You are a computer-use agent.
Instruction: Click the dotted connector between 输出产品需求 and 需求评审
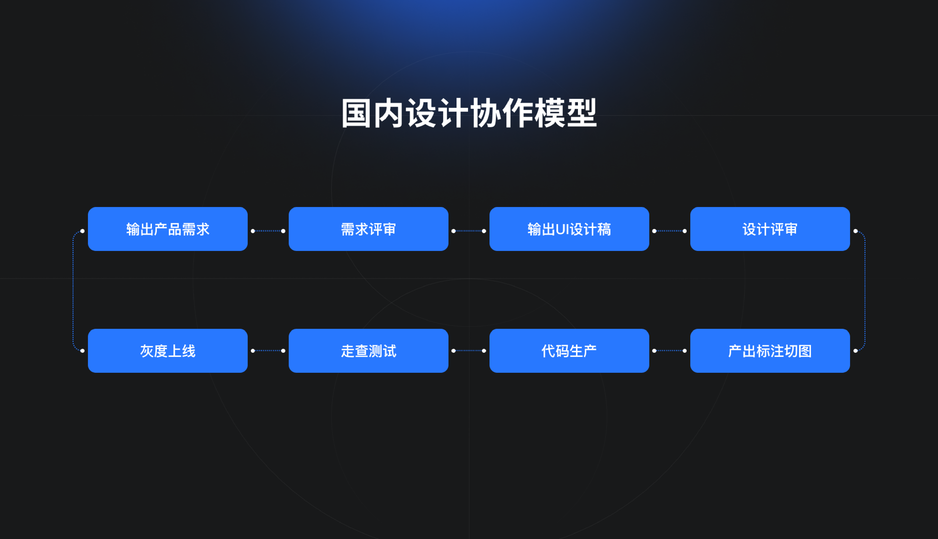[268, 231]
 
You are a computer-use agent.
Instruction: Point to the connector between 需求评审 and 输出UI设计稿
[469, 231]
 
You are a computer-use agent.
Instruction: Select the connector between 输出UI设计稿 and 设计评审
[670, 231]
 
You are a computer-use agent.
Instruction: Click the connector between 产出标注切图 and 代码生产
[670, 351]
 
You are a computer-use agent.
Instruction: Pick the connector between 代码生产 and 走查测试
[469, 351]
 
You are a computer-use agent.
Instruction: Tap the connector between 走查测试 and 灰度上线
[268, 351]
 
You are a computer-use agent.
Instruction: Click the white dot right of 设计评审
[855, 231]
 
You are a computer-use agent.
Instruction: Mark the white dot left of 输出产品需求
[82, 231]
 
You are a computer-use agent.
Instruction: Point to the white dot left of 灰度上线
[82, 351]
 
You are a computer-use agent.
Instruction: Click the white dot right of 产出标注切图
[855, 351]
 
